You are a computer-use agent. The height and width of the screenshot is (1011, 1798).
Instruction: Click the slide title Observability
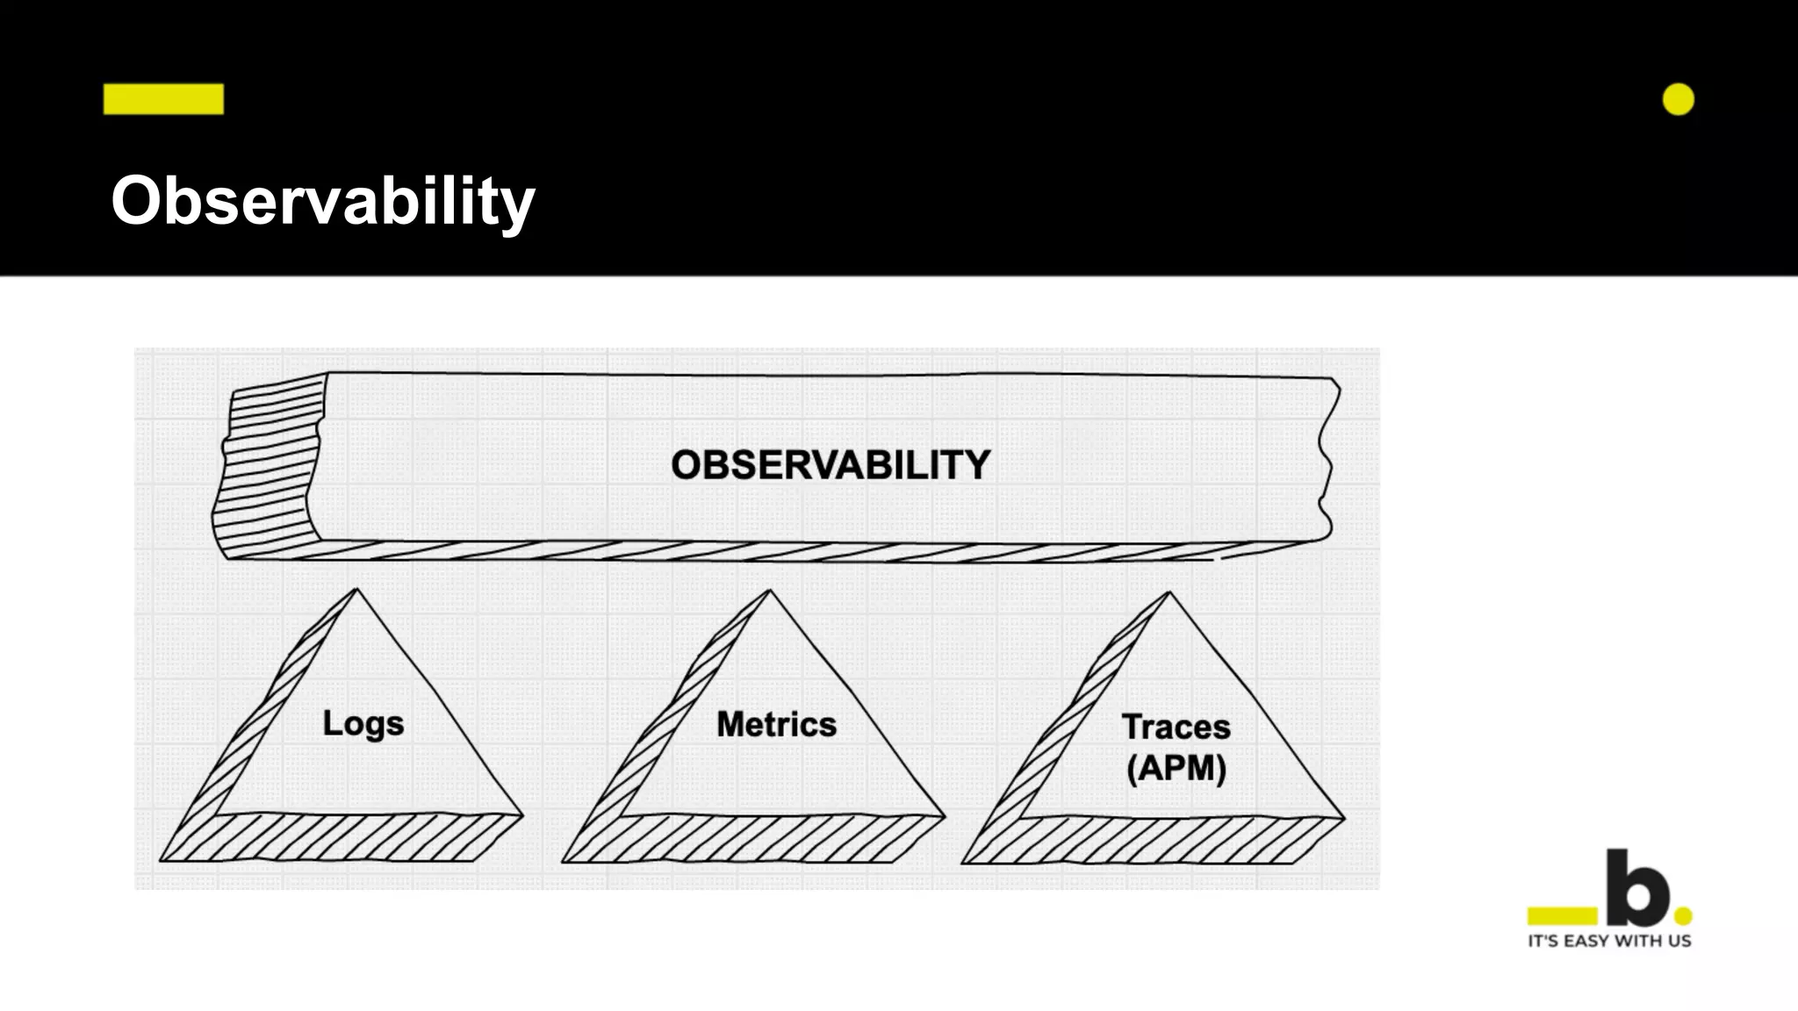click(322, 201)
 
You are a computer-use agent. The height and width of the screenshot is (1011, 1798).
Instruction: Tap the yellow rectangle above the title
click(163, 99)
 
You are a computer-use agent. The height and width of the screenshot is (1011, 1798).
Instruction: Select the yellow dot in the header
click(1678, 100)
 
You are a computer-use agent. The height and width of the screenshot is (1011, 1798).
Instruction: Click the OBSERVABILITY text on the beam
click(831, 465)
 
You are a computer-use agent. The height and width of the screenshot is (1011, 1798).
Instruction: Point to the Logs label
click(363, 724)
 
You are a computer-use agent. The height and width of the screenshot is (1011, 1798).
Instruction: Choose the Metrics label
click(776, 725)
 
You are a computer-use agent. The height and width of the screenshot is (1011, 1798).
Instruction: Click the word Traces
click(1176, 728)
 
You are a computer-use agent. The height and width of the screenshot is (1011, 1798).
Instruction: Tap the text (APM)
click(1176, 769)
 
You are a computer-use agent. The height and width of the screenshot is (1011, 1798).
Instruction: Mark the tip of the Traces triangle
click(1169, 593)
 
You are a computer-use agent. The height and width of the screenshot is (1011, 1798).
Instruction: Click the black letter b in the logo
click(1638, 890)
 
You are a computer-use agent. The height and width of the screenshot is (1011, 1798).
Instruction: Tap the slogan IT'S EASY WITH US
click(1609, 942)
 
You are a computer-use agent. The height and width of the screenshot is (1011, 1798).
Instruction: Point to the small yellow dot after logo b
click(1683, 916)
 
